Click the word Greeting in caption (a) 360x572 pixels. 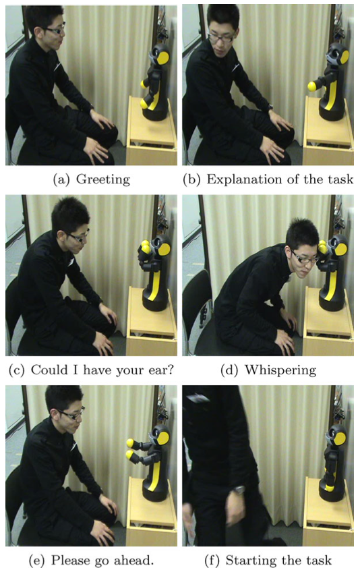tap(103, 179)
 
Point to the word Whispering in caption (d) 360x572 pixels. tap(280, 370)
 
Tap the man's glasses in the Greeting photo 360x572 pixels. tap(55, 30)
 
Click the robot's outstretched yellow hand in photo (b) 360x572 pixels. tap(312, 86)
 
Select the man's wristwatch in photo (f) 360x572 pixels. tap(239, 490)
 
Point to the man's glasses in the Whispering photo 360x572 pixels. tap(304, 258)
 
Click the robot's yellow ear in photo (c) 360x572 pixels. tap(164, 249)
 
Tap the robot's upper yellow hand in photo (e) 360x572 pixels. tap(130, 443)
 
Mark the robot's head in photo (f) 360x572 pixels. tap(338, 436)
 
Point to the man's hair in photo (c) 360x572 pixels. tap(69, 213)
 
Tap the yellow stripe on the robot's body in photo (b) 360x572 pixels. tap(332, 94)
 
